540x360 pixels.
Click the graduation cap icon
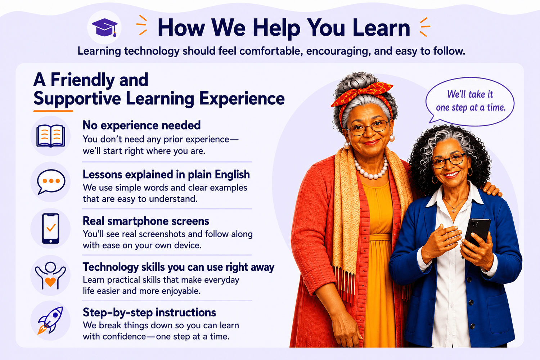coord(105,27)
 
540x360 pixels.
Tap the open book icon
coord(51,136)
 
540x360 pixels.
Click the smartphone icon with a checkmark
coord(51,228)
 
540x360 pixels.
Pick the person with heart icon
coord(50,276)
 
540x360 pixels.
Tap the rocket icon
coord(50,320)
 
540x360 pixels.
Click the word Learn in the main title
coord(381,28)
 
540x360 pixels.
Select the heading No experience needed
coord(141,125)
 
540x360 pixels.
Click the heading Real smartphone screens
coord(146,221)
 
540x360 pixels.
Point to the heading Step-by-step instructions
coord(149,312)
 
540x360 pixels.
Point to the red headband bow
coord(363,93)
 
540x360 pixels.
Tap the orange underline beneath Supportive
coord(53,111)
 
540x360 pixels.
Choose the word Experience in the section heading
coord(242,99)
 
